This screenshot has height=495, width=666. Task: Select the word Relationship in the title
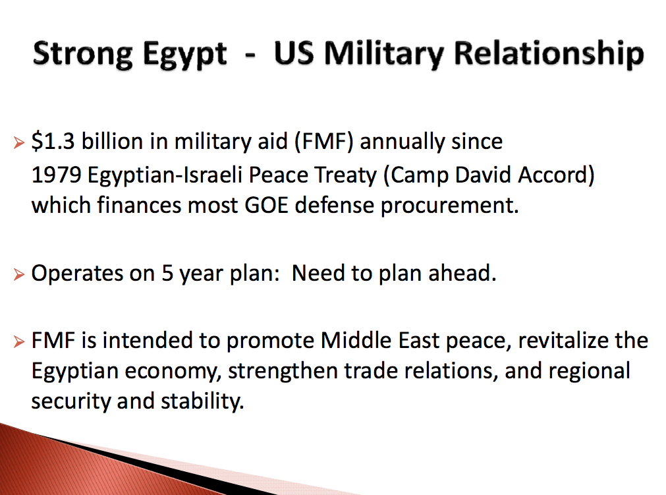(x=549, y=55)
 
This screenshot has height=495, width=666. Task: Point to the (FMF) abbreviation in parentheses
(x=323, y=142)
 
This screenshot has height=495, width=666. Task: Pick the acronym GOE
(x=267, y=205)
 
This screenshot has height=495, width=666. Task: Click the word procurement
(x=449, y=206)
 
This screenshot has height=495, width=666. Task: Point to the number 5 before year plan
(x=167, y=274)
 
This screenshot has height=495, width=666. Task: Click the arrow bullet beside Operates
(x=18, y=274)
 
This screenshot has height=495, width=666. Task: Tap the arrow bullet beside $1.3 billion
(x=18, y=143)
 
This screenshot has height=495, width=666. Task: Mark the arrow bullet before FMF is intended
(x=18, y=341)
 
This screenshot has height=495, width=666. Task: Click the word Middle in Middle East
(x=356, y=341)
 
